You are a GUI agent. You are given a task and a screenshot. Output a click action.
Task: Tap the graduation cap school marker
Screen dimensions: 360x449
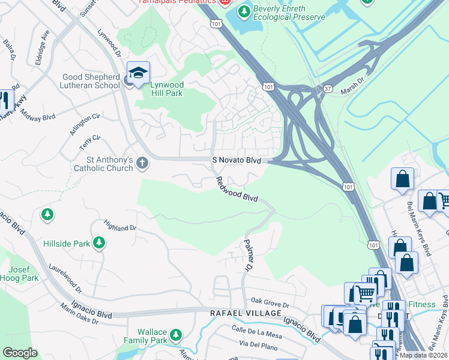click(x=138, y=74)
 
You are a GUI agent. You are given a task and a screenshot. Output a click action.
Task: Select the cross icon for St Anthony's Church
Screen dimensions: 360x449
click(x=142, y=163)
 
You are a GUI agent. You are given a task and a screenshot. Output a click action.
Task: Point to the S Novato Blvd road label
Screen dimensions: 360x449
click(x=237, y=160)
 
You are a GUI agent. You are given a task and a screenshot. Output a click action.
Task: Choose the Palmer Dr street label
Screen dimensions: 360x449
click(x=247, y=256)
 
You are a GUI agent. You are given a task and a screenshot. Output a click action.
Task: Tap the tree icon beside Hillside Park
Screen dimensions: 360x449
click(x=98, y=243)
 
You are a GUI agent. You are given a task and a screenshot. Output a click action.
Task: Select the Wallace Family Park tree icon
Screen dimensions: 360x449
click(x=175, y=334)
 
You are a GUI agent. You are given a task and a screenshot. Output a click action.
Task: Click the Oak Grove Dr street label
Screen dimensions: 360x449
click(x=270, y=302)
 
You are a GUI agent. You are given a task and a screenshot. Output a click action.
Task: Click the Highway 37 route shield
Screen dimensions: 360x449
click(x=327, y=88)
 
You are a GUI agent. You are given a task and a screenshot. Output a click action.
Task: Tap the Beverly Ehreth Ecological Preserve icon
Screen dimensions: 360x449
click(x=244, y=11)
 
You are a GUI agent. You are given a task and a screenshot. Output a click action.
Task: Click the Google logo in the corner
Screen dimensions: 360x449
click(x=19, y=352)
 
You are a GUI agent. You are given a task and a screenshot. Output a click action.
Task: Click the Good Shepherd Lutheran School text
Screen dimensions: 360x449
click(x=91, y=81)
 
